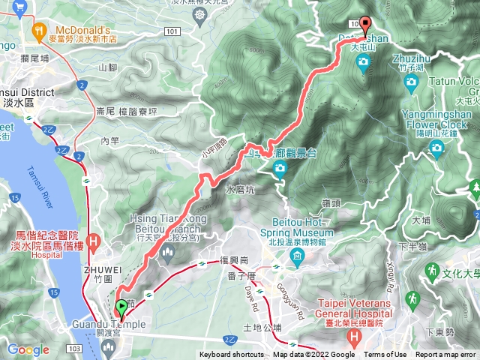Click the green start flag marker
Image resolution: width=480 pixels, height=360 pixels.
[121, 307]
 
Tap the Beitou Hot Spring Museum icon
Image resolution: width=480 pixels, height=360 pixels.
[298, 258]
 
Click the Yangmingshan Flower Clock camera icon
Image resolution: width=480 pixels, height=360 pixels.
[436, 148]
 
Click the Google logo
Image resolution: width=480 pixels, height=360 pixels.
[28, 349]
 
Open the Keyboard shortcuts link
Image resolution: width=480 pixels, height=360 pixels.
[232, 355]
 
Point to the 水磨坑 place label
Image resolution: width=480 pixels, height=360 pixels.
[240, 190]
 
